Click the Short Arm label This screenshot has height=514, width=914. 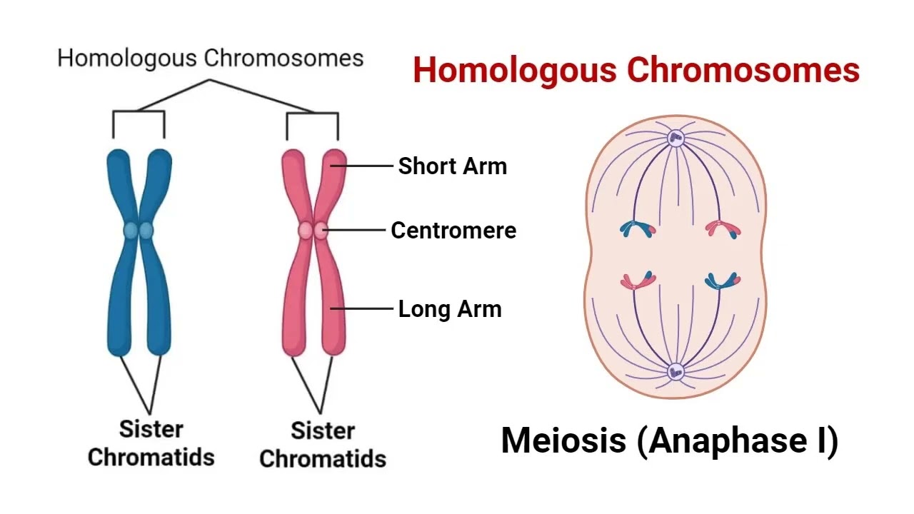(452, 166)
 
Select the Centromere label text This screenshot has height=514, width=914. (453, 231)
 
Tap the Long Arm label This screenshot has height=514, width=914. (450, 309)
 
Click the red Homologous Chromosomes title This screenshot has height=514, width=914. (636, 71)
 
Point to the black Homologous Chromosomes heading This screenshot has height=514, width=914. (211, 58)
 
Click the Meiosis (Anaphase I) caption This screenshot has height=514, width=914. (669, 440)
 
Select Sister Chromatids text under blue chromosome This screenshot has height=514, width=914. (151, 443)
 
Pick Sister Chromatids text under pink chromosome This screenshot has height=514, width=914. (323, 444)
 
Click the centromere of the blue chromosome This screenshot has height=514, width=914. (139, 231)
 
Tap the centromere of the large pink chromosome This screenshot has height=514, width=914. (313, 231)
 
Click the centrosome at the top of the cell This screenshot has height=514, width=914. (675, 138)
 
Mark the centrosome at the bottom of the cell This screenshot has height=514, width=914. (675, 372)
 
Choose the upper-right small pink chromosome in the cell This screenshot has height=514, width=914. (722, 229)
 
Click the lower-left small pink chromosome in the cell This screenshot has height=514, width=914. (637, 281)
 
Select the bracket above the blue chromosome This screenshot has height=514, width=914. (139, 112)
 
